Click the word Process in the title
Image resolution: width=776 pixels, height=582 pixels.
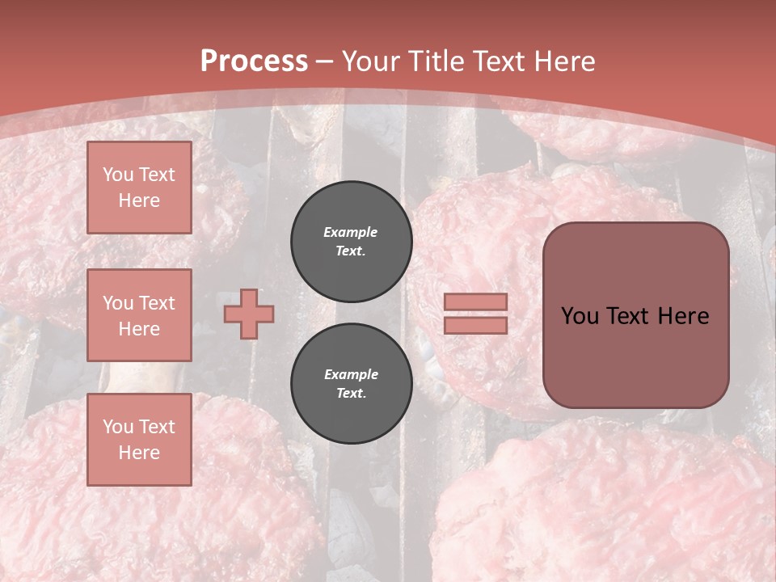click(x=254, y=61)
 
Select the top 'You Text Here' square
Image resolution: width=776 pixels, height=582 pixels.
click(x=139, y=188)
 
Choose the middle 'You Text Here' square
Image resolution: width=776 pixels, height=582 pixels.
click(x=139, y=315)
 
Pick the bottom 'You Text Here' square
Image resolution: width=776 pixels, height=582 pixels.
click(x=139, y=439)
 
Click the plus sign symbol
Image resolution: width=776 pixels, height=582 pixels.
click(x=249, y=314)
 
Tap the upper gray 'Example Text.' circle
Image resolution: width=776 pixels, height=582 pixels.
click(x=351, y=242)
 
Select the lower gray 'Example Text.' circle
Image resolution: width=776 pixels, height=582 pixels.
click(x=351, y=384)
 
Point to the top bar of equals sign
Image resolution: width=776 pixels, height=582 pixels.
click(x=475, y=302)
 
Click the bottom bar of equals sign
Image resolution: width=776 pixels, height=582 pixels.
click(x=475, y=325)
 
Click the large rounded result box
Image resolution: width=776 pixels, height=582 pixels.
click(x=635, y=315)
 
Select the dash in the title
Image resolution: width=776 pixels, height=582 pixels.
click(x=325, y=61)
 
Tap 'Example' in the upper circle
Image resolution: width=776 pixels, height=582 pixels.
click(x=351, y=233)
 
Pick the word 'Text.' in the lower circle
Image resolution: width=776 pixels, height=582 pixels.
click(x=351, y=394)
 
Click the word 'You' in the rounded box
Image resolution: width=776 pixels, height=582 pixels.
click(x=579, y=316)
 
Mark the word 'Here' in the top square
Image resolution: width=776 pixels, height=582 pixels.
click(x=139, y=200)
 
